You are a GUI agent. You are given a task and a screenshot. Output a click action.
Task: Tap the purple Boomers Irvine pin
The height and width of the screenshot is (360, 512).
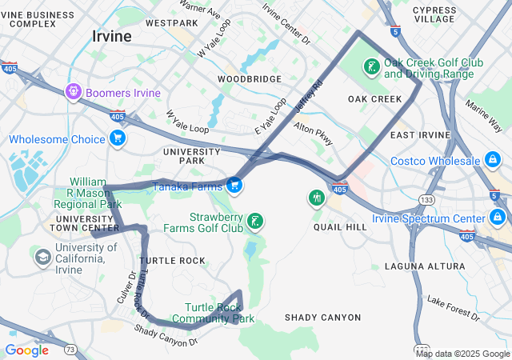74,92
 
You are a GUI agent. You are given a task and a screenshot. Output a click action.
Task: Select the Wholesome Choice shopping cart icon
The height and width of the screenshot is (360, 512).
118,138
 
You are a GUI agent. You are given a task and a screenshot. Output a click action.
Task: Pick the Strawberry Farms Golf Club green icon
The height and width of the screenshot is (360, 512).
254,222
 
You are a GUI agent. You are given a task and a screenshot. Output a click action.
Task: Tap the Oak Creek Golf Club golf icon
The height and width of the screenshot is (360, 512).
372,67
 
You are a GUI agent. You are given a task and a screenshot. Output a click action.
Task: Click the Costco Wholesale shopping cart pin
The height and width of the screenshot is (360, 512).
494,162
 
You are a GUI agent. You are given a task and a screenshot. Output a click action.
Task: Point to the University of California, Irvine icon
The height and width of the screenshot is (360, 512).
42,258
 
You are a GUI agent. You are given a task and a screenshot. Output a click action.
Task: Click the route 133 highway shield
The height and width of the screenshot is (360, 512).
428,199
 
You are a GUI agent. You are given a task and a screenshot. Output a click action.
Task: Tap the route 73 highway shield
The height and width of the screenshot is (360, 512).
70,349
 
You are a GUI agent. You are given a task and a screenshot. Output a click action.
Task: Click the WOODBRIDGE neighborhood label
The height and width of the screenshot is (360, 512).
250,79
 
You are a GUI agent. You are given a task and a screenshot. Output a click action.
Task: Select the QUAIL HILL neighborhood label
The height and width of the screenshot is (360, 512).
340,227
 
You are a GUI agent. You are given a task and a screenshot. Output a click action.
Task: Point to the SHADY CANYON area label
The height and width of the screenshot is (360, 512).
322,318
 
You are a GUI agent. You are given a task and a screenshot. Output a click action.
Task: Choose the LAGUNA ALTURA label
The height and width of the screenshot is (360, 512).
423,266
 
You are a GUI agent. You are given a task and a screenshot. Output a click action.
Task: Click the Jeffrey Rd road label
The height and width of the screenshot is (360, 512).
308,95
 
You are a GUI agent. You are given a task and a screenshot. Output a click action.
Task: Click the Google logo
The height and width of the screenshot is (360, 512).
26,350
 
